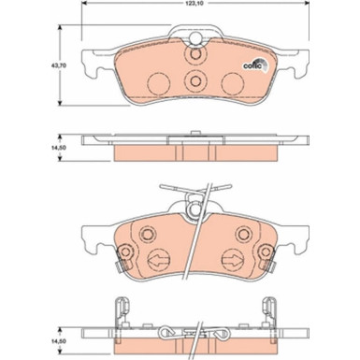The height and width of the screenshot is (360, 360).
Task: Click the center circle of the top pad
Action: point(194,81)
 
